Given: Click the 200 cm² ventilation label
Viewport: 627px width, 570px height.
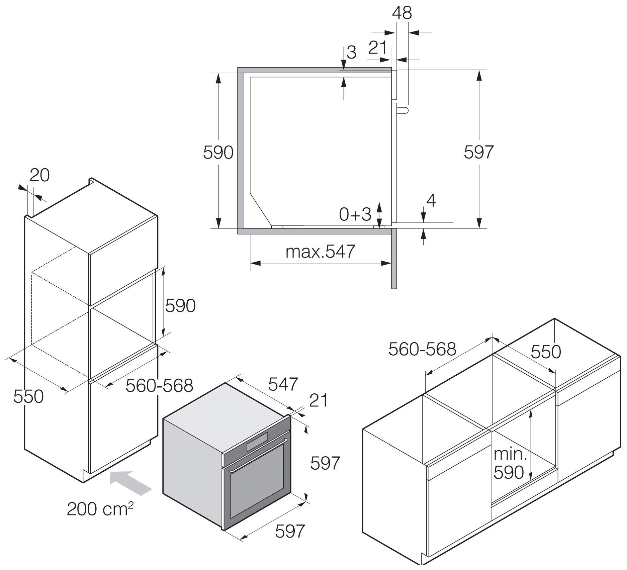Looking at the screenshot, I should (100, 509).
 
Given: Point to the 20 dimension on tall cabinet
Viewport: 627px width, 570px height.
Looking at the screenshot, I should (39, 175).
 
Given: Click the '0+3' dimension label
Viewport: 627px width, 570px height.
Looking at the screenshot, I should (355, 214).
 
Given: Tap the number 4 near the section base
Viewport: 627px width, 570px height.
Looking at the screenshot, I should (431, 201).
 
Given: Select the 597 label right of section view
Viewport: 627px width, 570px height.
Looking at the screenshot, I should (478, 152).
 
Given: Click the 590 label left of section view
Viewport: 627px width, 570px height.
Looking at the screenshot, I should (218, 153).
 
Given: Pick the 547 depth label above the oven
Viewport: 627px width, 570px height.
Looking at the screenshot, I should (283, 384).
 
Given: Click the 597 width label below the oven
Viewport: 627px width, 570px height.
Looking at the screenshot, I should (290, 531).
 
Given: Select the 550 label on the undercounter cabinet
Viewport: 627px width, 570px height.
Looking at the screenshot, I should (546, 352).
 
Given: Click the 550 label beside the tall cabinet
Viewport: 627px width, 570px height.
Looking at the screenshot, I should (28, 396).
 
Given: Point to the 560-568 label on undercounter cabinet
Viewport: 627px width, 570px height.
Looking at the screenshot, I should (422, 349).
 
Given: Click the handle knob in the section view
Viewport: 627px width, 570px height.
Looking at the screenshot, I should (404, 110).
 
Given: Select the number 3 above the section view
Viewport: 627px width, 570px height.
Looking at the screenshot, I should (351, 53).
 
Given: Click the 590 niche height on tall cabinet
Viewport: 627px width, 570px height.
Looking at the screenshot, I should (180, 306).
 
